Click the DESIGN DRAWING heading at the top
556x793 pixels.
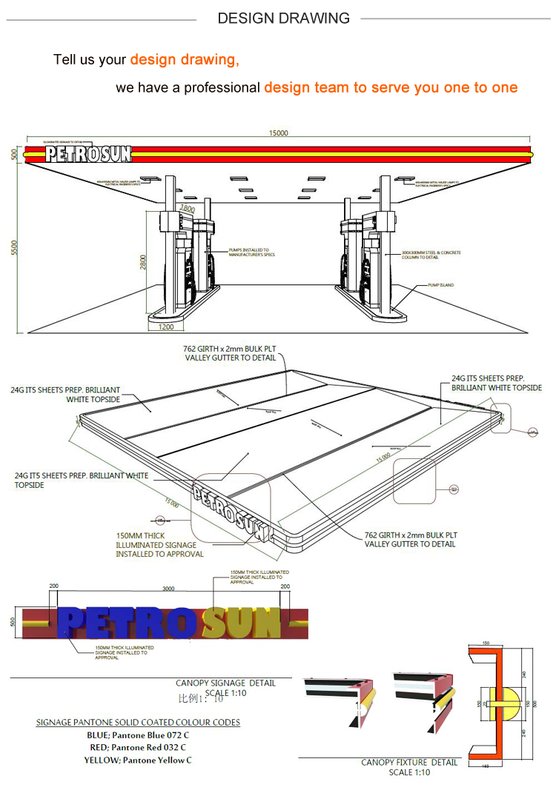coord(283,19)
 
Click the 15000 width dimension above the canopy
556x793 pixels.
coord(278,133)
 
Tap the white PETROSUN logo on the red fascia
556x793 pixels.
coord(88,154)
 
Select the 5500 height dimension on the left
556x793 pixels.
coord(14,249)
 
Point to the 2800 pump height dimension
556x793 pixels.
coord(143,262)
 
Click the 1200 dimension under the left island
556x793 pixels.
coord(166,327)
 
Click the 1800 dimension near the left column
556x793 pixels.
coord(188,210)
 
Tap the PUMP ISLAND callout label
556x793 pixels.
coord(440,284)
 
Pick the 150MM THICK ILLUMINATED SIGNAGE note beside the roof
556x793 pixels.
coord(159,544)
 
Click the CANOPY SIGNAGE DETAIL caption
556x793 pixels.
coord(225,683)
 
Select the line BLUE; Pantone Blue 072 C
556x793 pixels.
coord(137,735)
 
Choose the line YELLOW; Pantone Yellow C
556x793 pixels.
coord(137,760)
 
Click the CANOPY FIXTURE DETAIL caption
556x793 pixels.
coord(409,762)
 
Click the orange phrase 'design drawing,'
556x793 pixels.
coord(185,60)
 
